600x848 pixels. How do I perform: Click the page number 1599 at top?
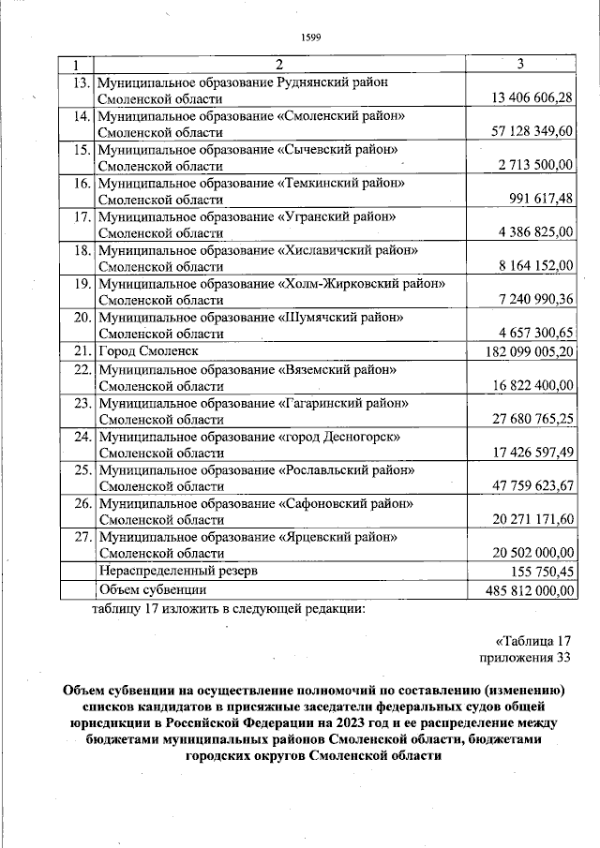point(310,37)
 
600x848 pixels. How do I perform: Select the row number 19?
point(81,284)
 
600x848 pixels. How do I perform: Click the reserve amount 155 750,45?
point(539,571)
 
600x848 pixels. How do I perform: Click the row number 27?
point(81,537)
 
